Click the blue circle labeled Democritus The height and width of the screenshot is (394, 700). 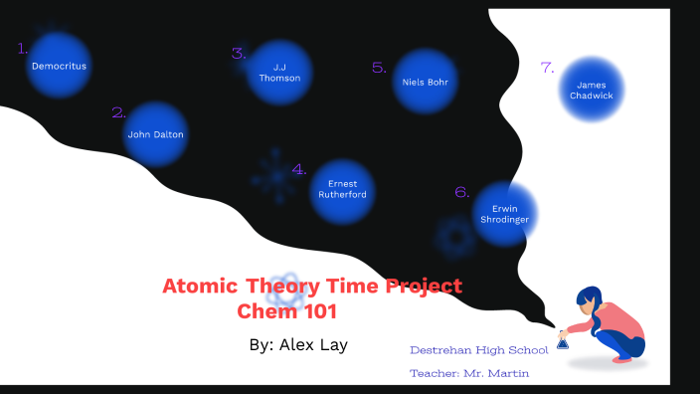click(59, 66)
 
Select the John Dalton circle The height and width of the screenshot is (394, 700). click(156, 134)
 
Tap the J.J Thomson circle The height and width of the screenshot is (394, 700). click(279, 73)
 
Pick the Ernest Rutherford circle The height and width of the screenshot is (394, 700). click(342, 190)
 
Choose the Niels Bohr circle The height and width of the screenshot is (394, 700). click(426, 82)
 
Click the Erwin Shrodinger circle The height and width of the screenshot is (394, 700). click(505, 214)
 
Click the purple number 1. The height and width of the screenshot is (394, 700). click(23, 48)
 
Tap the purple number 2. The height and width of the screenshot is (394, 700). click(118, 113)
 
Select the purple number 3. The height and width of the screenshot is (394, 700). click(239, 54)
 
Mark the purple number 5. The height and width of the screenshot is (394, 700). click(379, 68)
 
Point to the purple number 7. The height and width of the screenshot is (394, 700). click(547, 68)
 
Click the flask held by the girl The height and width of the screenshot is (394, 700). click(563, 342)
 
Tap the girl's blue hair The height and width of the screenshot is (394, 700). click(591, 298)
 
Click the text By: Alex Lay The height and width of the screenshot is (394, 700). click(298, 344)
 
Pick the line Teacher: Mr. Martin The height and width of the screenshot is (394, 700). click(469, 373)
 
